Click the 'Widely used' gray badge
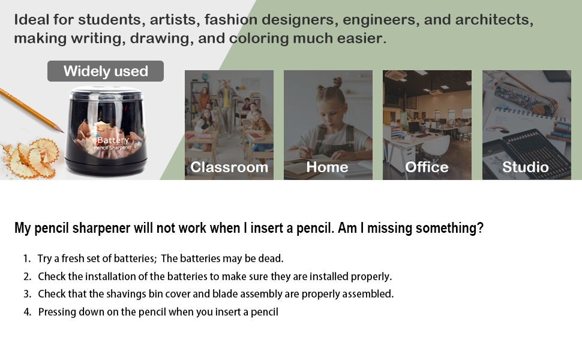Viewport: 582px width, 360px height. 106,71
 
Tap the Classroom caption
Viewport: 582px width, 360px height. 229,167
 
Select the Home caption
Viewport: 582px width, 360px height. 327,167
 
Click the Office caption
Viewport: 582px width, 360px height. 427,167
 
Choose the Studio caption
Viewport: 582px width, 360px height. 525,167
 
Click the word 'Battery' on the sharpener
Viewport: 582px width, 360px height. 113,140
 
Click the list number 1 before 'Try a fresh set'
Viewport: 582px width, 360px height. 26,259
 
